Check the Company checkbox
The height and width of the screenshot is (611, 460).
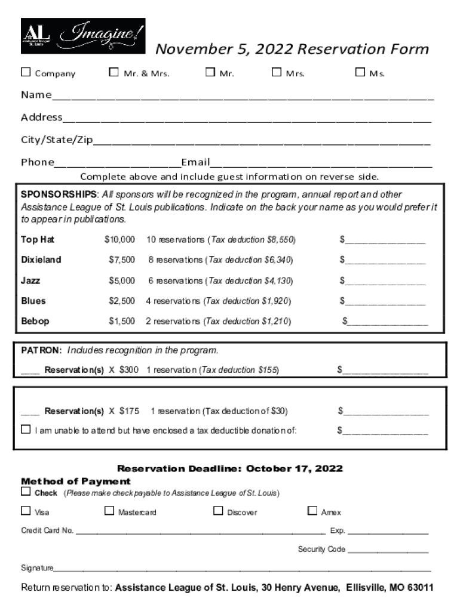26,73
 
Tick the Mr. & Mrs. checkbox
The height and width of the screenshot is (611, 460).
114,73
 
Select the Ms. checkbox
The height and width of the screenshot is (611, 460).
360,73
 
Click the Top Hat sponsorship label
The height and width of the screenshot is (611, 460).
38,240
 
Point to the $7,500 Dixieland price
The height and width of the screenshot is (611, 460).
122,260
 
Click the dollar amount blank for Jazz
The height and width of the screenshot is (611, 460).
385,281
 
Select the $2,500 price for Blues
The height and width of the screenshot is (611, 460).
122,301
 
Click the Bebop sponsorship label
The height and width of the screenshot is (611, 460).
35,322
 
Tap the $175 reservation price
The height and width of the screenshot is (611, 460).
129,411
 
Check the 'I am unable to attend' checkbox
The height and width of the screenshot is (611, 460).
26,430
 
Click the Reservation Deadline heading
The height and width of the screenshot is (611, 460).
229,469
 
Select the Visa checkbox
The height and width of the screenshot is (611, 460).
26,511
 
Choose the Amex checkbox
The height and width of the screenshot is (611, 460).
312,511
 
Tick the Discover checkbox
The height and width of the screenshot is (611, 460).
218,511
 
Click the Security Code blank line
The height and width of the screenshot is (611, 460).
388,550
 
